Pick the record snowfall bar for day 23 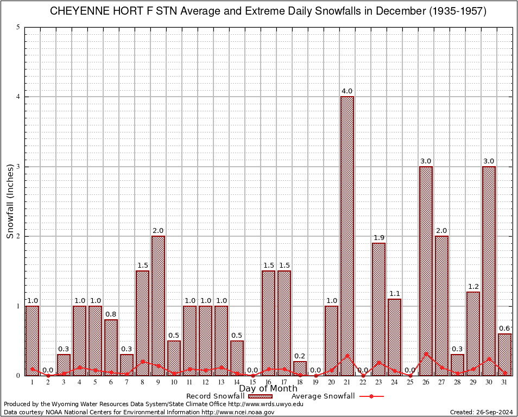(x=378, y=309)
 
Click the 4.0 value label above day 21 (x=347, y=91)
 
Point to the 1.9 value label (x=378, y=238)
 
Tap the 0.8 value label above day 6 (x=111, y=314)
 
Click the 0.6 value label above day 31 (x=504, y=328)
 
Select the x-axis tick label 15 (x=252, y=383)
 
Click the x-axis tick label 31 (x=504, y=383)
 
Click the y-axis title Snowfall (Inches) (x=10, y=201)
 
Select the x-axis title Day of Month (x=268, y=389)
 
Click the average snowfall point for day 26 (x=426, y=353)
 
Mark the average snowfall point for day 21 (x=347, y=356)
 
